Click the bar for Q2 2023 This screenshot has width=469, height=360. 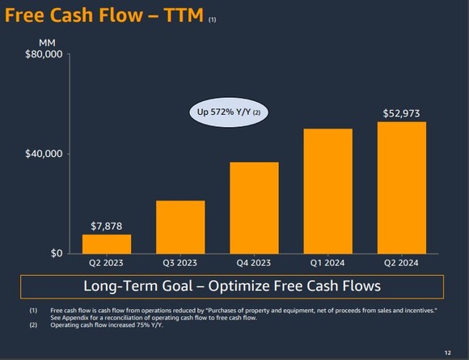pyautogui.click(x=107, y=244)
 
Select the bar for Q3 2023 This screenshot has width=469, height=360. pyautogui.click(x=180, y=227)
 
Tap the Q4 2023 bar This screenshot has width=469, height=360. pyautogui.click(x=254, y=208)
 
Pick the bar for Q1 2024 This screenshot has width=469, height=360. pyautogui.click(x=327, y=191)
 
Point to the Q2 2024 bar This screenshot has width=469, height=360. pyautogui.click(x=402, y=188)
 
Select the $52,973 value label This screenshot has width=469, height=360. pyautogui.click(x=402, y=112)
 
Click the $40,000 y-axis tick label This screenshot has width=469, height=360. pyautogui.click(x=43, y=155)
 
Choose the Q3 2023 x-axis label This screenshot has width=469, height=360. pyautogui.click(x=180, y=263)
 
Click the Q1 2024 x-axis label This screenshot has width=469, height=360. pyautogui.click(x=327, y=263)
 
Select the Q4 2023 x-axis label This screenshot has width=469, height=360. pyautogui.click(x=254, y=263)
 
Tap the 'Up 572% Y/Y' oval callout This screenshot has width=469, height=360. pyautogui.click(x=228, y=112)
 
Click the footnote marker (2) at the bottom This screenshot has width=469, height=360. pyautogui.click(x=33, y=325)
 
